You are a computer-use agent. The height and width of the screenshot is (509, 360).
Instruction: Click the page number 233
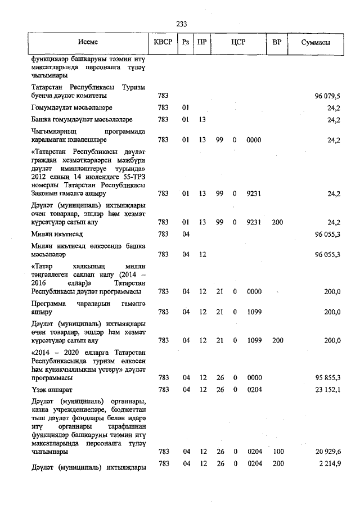coord(181,24)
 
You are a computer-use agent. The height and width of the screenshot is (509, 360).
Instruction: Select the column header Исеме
coord(88,43)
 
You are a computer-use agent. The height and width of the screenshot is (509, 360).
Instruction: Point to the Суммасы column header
coord(315,43)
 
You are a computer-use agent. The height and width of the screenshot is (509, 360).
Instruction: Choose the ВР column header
coord(277,43)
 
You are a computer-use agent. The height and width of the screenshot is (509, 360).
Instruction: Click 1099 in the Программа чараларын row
coord(253,312)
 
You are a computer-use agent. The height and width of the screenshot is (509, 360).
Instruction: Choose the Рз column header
coord(186,43)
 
